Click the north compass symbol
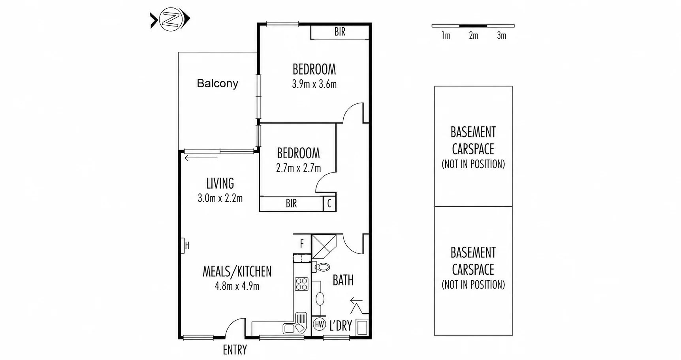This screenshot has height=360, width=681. point(170,19)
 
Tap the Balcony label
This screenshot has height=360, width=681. point(218,83)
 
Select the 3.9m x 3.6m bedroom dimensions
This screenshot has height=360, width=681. point(314,84)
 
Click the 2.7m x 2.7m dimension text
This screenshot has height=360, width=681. point(299,168)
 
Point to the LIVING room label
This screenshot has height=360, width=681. point(220,184)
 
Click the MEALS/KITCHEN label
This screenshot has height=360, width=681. point(237,272)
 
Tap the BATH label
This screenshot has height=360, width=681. point(343,280)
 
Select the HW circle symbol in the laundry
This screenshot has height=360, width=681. point(320,324)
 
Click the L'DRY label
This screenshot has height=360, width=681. point(340,326)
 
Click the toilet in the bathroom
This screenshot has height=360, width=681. point(322,267)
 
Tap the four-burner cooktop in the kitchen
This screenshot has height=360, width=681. point(301,284)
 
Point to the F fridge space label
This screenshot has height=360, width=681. point(302,244)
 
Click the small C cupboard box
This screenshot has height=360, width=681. point(329,204)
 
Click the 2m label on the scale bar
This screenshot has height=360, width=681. point(474,36)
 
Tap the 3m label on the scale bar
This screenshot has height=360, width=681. point(502,36)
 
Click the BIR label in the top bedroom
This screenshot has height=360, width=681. point(340,32)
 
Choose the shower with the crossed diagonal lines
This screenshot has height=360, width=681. point(324,247)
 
